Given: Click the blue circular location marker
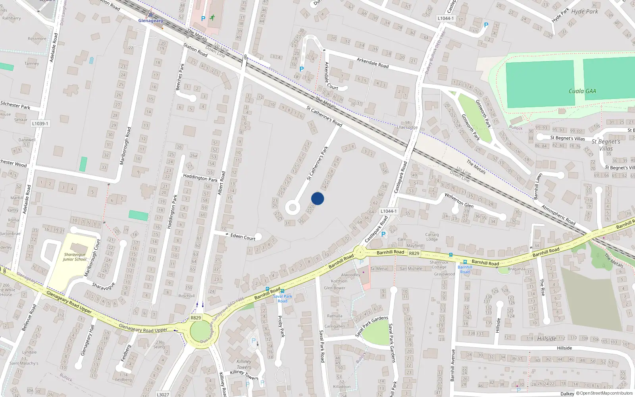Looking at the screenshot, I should (x=317, y=198).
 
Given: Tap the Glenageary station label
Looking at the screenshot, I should (x=150, y=21).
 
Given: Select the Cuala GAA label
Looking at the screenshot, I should (x=582, y=91).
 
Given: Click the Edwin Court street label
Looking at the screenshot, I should (x=243, y=237).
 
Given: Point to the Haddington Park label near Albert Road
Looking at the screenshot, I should (x=200, y=178).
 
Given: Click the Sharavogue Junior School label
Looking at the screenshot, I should (x=75, y=257).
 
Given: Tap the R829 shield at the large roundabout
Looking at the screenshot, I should (x=196, y=318).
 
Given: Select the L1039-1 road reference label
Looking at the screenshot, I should (x=40, y=123).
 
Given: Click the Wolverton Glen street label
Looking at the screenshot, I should (x=459, y=200).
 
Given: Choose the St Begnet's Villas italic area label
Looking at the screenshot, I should (x=606, y=145).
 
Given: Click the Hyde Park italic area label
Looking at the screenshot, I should (x=584, y=12).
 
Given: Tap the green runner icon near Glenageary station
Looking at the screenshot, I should (x=213, y=17).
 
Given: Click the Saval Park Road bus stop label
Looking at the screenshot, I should (x=282, y=299).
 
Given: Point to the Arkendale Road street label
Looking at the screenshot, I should (x=372, y=63).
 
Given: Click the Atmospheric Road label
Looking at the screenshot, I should (x=558, y=215).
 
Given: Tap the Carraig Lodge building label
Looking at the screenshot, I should (x=432, y=237).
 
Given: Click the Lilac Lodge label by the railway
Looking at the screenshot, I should (x=407, y=127).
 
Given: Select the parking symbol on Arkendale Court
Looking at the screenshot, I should (x=302, y=69).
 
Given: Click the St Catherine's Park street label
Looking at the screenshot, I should (x=317, y=163).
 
